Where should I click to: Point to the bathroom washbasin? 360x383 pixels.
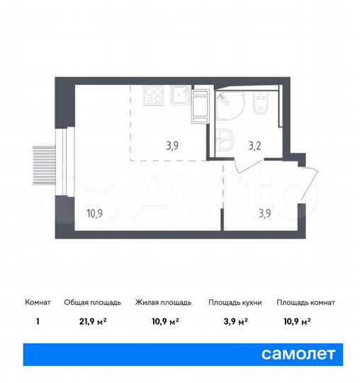(x=226, y=139)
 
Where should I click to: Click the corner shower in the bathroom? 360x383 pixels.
(x=229, y=106)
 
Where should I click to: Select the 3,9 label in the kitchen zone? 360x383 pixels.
(x=172, y=147)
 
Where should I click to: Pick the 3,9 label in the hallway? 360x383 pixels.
(x=264, y=212)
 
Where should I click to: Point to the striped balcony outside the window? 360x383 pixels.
(x=43, y=164)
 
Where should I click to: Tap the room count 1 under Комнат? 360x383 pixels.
(x=37, y=321)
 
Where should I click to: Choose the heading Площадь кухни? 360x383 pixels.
(x=235, y=302)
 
